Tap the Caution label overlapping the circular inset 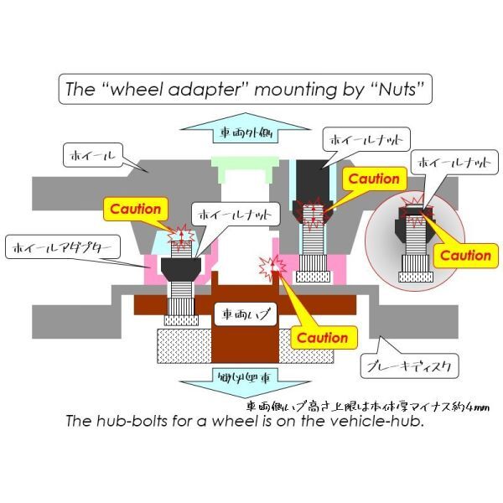465,255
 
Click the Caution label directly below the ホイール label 135,208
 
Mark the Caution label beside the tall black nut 374,179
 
